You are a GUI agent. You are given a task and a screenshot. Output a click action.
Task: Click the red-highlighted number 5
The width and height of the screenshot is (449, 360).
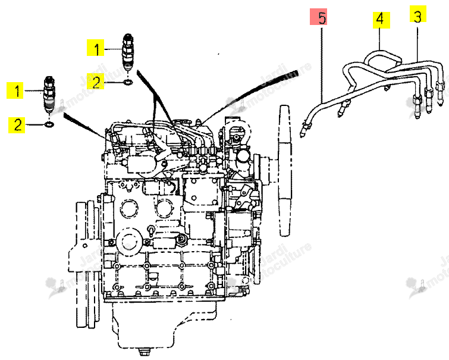318,17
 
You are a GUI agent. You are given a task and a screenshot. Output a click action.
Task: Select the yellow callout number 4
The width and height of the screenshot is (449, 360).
381,20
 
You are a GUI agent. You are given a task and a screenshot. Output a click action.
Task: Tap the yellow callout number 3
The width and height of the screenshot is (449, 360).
418,14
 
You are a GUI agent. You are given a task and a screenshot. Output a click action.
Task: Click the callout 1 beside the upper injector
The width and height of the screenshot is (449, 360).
96,48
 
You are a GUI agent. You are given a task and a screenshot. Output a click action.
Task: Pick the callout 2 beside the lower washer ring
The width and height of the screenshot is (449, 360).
17,125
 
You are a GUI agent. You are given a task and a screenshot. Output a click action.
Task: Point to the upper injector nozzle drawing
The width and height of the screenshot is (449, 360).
127,52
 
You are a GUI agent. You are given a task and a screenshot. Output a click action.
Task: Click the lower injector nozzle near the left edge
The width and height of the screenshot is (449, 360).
49,95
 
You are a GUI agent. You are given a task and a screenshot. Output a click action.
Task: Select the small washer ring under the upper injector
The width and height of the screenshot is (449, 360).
128,83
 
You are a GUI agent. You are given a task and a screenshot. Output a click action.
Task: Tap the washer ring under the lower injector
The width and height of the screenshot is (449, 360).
49,125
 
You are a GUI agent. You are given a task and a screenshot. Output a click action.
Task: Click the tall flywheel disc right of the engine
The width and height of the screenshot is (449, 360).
285,171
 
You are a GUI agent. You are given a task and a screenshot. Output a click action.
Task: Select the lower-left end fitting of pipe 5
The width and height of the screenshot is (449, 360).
303,130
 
